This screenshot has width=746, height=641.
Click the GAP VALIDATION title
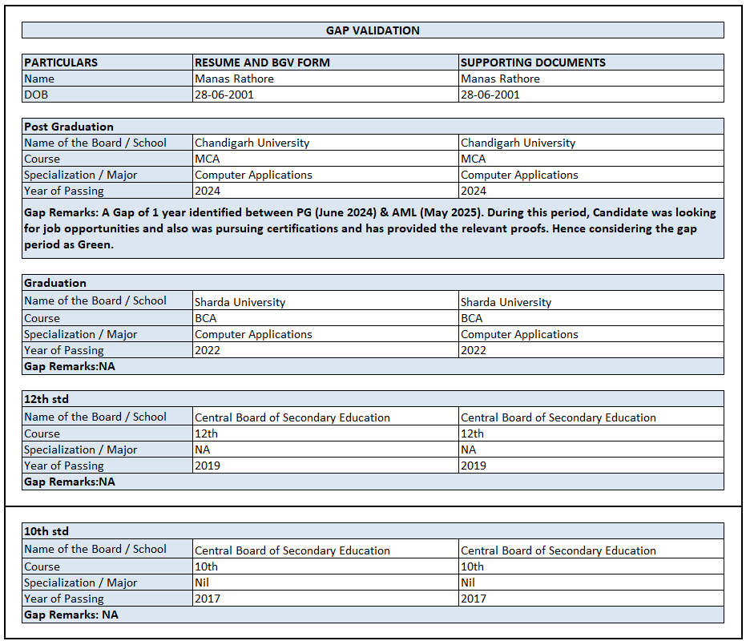tap(373, 30)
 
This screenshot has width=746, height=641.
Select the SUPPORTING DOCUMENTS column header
tap(533, 62)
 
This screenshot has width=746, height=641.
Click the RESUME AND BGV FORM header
tap(262, 62)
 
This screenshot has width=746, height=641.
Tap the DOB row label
tap(36, 95)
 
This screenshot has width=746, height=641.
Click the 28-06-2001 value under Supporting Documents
tap(490, 95)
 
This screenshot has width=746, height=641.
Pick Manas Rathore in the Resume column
tap(234, 79)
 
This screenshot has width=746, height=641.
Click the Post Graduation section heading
tap(69, 127)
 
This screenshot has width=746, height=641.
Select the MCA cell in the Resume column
tap(208, 159)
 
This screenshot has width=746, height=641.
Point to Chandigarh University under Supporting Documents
tap(518, 143)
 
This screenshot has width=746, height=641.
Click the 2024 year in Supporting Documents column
tap(473, 191)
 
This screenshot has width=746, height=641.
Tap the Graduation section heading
tap(55, 283)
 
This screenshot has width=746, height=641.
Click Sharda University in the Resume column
tap(240, 302)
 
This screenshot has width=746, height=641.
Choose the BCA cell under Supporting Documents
tap(472, 318)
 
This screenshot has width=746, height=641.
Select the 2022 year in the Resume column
tap(208, 350)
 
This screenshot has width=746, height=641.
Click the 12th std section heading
tap(46, 399)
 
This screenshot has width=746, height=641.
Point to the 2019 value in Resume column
tap(208, 466)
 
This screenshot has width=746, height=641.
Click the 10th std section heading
tap(46, 531)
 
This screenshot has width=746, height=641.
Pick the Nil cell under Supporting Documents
tap(468, 583)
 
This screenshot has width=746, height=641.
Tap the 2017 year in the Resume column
tap(208, 599)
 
